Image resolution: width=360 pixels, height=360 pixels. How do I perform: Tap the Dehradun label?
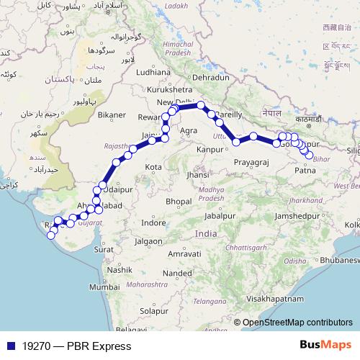tap(210, 77)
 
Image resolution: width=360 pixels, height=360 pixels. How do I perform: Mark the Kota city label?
tap(153, 167)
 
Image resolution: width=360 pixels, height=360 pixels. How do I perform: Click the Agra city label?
tap(189, 130)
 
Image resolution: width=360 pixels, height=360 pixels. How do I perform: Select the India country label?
tap(206, 234)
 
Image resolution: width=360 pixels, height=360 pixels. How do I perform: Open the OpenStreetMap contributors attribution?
tap(297, 323)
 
